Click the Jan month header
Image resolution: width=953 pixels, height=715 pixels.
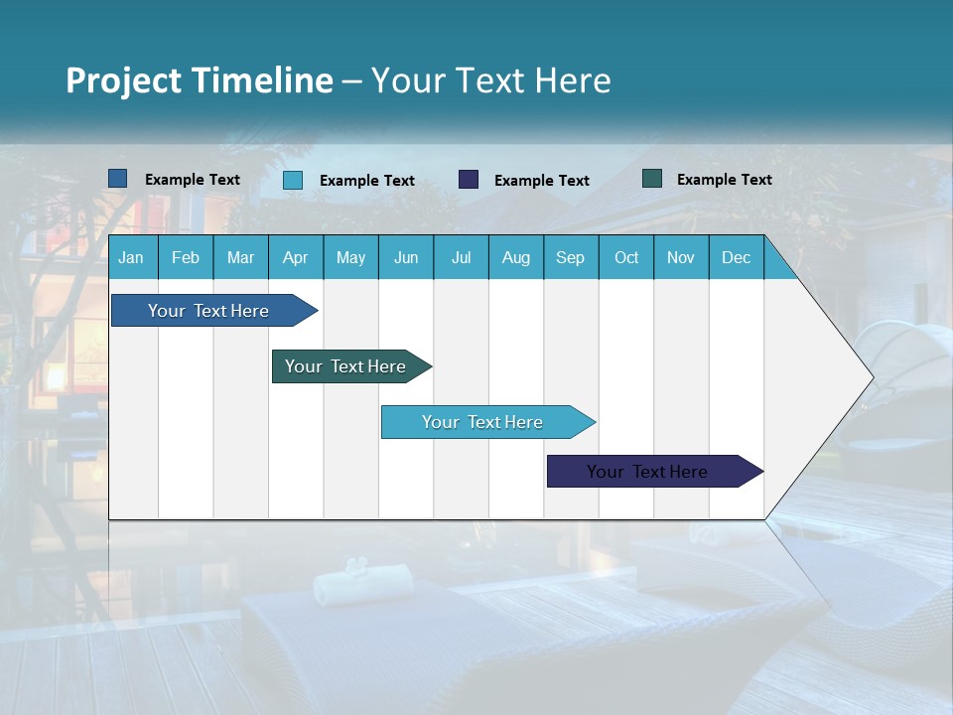[131, 258]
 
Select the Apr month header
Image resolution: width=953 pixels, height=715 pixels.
[295, 258]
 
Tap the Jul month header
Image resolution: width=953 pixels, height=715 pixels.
[461, 258]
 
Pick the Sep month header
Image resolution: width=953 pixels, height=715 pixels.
[570, 258]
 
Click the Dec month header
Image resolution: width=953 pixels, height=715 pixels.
[736, 258]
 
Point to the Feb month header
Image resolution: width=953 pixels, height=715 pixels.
[186, 258]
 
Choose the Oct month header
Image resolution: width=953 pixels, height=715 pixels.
[626, 258]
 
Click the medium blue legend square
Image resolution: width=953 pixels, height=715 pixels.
[117, 179]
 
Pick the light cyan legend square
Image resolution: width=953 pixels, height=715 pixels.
[293, 180]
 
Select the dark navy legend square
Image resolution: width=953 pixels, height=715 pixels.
[469, 180]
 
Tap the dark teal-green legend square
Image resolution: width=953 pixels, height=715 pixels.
[652, 179]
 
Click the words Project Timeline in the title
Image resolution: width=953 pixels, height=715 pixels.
[200, 80]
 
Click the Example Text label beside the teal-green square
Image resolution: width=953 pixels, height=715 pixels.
[724, 180]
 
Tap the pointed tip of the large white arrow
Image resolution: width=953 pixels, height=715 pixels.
[871, 377]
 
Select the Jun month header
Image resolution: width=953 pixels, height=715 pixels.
[406, 258]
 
